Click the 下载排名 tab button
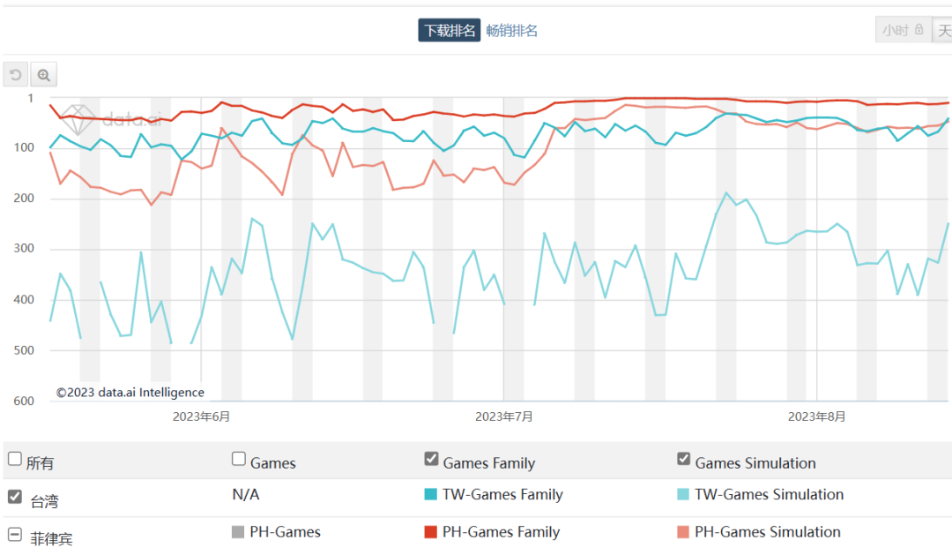(450, 31)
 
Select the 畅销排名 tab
(511, 31)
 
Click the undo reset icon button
(15, 75)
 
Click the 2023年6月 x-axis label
(201, 416)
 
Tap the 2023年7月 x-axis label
(503, 416)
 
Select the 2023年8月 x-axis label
(816, 416)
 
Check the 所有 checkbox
(15, 459)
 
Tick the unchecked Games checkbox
(239, 459)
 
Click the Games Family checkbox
(431, 459)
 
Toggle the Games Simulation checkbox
(683, 459)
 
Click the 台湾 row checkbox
(15, 497)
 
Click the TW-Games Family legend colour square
(431, 495)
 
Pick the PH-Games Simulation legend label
(767, 532)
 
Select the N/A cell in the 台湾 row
(245, 495)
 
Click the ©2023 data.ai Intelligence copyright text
(130, 393)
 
